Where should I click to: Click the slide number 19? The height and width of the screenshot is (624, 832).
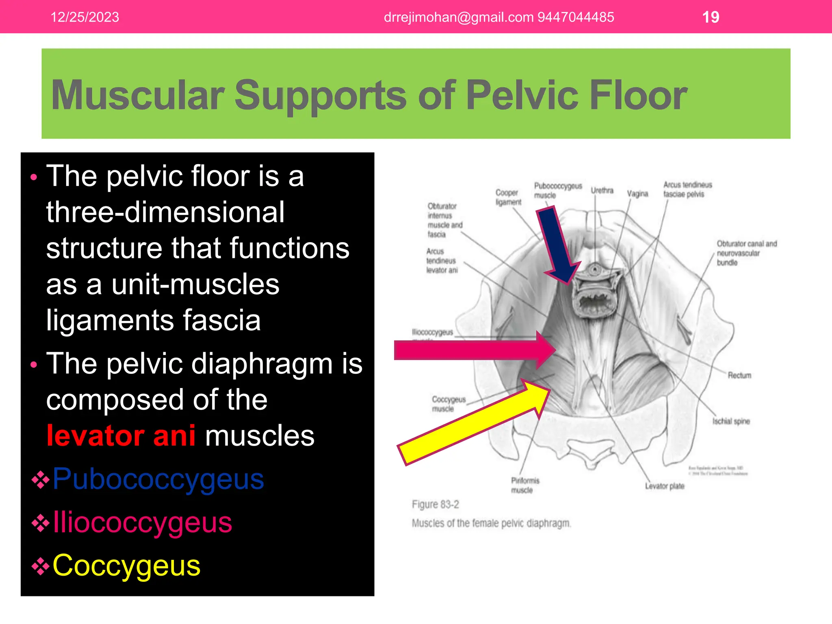(711, 17)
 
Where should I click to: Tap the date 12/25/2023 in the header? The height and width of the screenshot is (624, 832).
(84, 17)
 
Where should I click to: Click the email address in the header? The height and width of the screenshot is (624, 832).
(458, 17)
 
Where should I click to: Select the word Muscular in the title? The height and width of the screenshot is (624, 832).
(138, 95)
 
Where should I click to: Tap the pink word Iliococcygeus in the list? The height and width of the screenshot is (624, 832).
(142, 522)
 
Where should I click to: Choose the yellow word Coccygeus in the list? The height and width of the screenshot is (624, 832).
(126, 565)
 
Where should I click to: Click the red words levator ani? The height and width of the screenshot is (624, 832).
(121, 435)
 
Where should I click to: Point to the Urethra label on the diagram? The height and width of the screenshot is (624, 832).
(602, 190)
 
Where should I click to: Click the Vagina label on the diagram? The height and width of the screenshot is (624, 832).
(637, 194)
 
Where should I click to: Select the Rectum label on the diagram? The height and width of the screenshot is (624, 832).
(739, 375)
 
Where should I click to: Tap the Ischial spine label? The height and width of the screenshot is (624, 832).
(731, 421)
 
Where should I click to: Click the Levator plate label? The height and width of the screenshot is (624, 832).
(665, 486)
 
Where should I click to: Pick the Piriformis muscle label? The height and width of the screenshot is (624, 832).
(524, 485)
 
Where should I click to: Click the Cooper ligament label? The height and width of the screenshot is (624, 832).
(508, 197)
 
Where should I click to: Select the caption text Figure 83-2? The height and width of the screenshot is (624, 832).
(435, 505)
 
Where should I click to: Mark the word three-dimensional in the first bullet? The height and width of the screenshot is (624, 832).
(165, 212)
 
